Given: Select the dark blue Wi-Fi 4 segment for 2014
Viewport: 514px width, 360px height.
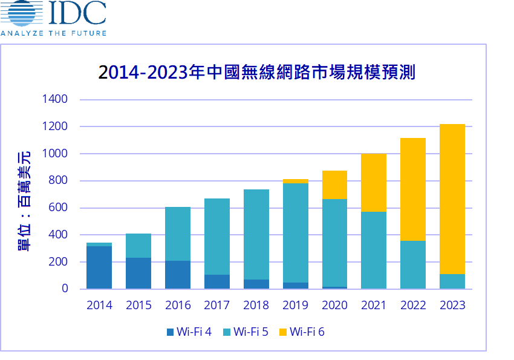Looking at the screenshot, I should (99, 267).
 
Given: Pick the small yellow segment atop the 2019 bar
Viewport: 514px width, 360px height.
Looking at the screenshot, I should (296, 181).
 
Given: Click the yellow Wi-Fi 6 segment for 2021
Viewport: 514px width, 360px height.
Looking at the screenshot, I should (374, 182).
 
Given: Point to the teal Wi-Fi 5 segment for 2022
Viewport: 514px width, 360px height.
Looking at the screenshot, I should (413, 264).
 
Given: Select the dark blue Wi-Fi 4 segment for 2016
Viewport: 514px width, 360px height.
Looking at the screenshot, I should (178, 274).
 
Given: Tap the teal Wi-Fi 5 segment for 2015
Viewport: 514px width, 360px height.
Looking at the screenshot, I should (138, 245).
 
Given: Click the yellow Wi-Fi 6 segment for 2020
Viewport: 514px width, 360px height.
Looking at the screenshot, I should (334, 185).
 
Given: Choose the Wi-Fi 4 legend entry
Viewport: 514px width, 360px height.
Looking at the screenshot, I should (189, 331).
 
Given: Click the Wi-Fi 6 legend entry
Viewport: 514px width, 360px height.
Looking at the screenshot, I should (302, 331).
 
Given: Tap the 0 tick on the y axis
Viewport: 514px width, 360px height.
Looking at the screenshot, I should (65, 289).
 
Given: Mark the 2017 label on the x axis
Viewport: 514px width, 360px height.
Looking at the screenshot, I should (217, 305).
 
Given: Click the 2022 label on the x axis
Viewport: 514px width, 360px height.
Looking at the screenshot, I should (413, 305).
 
